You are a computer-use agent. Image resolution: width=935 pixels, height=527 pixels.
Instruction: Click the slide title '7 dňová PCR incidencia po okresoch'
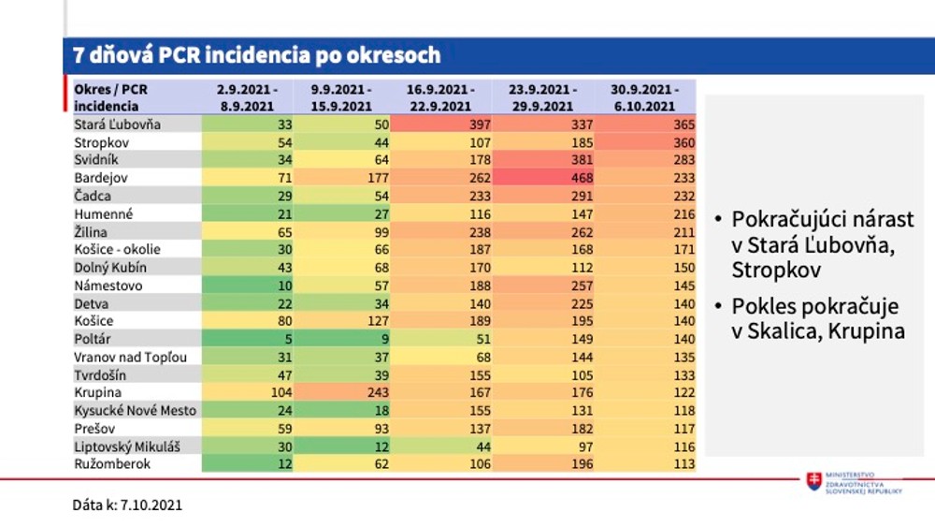[x=257, y=55]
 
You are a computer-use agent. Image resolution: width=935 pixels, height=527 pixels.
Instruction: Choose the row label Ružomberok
[x=112, y=463]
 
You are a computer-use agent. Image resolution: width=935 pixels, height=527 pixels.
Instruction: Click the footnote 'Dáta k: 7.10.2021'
[x=127, y=505]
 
